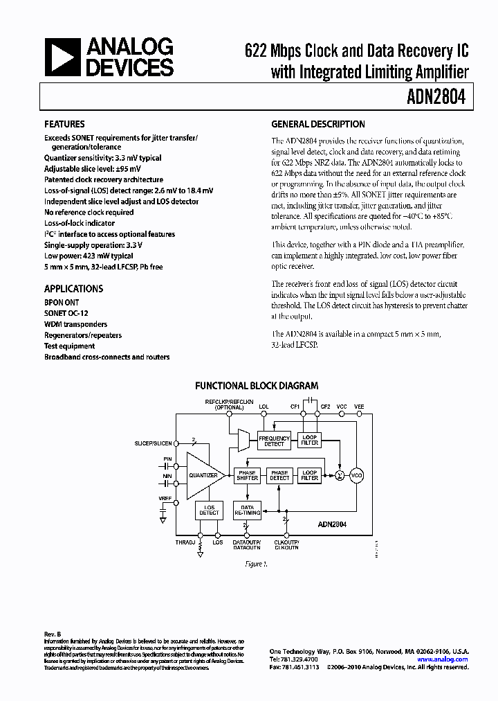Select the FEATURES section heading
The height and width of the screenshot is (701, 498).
point(65,125)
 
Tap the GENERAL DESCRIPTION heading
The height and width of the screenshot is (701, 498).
point(318,125)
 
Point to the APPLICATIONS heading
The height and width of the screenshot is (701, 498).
point(74,289)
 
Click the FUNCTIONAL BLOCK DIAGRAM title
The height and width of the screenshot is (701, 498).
point(257,386)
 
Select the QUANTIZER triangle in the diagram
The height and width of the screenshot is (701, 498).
point(204,475)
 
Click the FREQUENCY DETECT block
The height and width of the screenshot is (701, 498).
point(275,441)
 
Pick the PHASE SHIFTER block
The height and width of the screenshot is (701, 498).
point(247,475)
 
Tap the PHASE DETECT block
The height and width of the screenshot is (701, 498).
point(279,475)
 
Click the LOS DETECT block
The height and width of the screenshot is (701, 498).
point(209,511)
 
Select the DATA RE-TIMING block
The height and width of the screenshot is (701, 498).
point(247,511)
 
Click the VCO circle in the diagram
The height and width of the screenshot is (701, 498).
point(357,475)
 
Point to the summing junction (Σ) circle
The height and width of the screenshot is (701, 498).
point(340,475)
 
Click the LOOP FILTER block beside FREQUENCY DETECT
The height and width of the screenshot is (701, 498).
point(310,441)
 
